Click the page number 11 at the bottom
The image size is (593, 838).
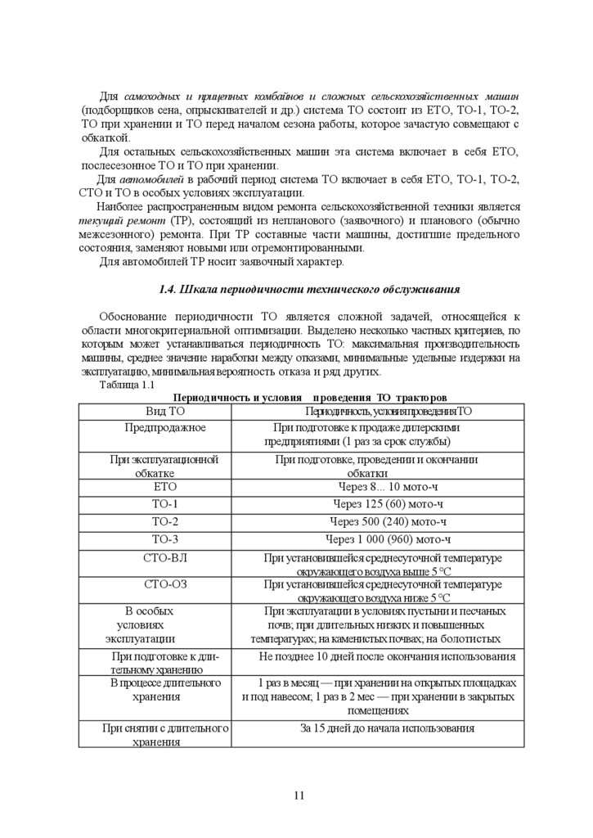click(299, 795)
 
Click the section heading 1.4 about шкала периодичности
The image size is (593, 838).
click(308, 289)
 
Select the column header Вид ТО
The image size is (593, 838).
click(165, 410)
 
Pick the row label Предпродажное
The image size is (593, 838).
click(165, 427)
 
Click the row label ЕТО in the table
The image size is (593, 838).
click(165, 486)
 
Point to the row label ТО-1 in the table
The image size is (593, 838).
click(165, 503)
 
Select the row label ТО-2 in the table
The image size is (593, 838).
click(165, 521)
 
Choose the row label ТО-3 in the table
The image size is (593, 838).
click(165, 539)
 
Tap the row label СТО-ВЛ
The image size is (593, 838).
click(165, 557)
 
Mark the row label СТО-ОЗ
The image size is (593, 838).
click(165, 584)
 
